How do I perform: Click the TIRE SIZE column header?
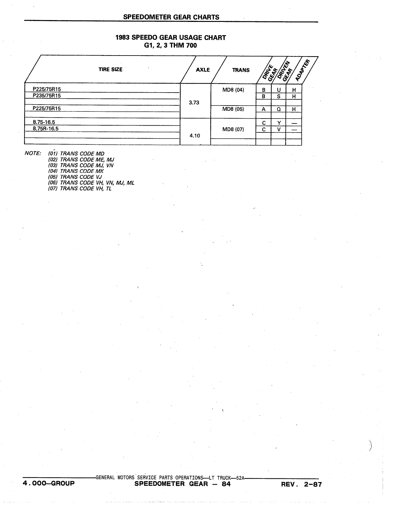[x=110, y=69]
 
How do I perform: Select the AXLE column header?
[x=203, y=70]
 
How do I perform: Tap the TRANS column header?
[x=241, y=70]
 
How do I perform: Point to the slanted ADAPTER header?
[x=302, y=70]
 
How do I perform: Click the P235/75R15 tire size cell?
[x=47, y=96]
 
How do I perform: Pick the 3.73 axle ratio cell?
[x=194, y=102]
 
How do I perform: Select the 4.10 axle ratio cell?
[x=195, y=135]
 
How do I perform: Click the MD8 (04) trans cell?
[x=233, y=90]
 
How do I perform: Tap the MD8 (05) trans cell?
[x=233, y=109]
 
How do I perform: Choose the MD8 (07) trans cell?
[x=233, y=129]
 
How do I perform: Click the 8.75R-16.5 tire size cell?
[x=46, y=129]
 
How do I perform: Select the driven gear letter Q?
[x=279, y=109]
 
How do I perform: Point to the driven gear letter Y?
[x=279, y=123]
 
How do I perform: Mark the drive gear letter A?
[x=264, y=109]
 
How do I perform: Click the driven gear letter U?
[x=279, y=90]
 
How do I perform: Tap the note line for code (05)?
[x=75, y=177]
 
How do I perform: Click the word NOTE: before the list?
[x=33, y=153]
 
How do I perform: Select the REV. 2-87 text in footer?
[x=301, y=484]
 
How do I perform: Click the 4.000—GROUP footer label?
[x=49, y=483]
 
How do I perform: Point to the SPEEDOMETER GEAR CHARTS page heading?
[x=171, y=17]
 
